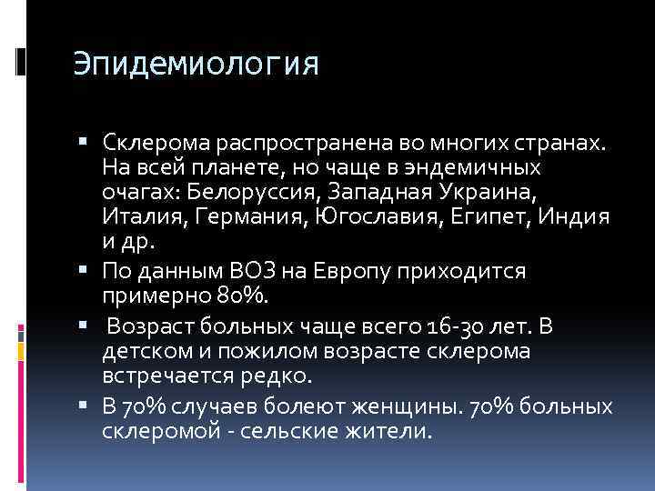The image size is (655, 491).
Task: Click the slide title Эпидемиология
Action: tap(196, 65)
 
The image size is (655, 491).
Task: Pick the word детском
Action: tap(147, 350)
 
